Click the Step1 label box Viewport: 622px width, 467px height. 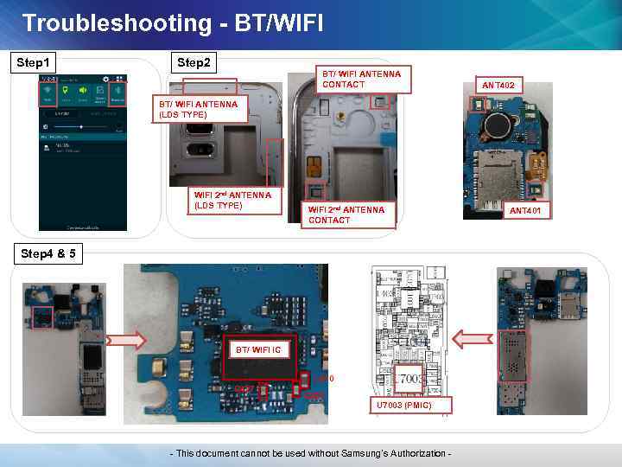pos(33,63)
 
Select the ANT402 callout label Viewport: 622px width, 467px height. pos(498,86)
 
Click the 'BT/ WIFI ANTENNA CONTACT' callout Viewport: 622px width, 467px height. pos(363,80)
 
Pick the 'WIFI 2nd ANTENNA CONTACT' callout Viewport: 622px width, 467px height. pos(347,215)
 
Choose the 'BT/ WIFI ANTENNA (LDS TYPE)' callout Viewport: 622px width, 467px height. pos(201,110)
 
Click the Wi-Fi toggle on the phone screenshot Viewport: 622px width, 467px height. pos(48,93)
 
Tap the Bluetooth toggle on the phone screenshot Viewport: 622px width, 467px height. pos(117,93)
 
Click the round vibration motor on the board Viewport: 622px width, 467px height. pos(497,127)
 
